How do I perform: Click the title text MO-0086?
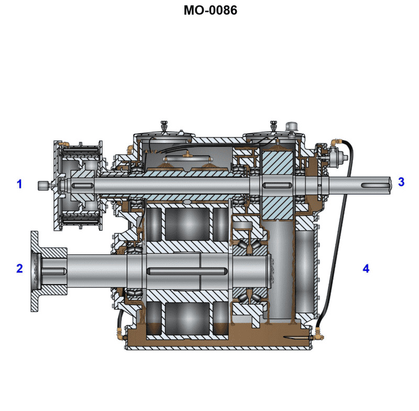(x=210, y=10)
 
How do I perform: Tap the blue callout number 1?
(x=20, y=184)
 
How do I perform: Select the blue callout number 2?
(x=20, y=268)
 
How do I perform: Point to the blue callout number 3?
(x=401, y=182)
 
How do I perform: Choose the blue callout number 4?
(x=366, y=268)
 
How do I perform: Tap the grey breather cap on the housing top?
(x=291, y=127)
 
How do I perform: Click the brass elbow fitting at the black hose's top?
(x=336, y=141)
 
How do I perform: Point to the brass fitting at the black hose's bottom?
(x=317, y=331)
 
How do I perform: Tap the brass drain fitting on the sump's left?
(x=120, y=331)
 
